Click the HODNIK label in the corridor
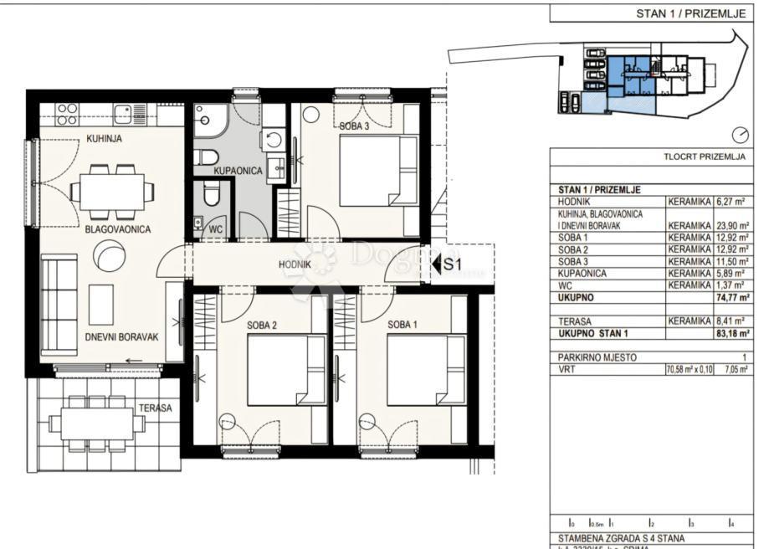(x=296, y=264)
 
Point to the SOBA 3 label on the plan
(x=354, y=127)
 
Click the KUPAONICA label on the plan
(x=238, y=171)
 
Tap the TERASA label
(x=156, y=408)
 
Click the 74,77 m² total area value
(x=733, y=297)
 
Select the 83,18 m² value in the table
(x=733, y=333)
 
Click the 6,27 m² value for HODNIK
(x=733, y=202)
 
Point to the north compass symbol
(x=739, y=136)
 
